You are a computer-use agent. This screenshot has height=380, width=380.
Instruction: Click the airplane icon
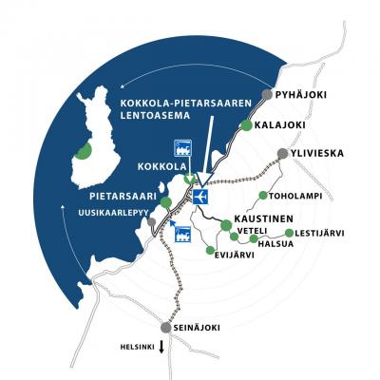coord(199,197)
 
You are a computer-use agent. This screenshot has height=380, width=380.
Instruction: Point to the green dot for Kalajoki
coord(247,125)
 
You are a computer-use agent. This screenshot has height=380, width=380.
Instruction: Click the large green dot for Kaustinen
coord(225,225)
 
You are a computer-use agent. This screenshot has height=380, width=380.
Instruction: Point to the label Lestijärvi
coord(318,232)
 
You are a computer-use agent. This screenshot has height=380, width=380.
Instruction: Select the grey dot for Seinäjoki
coord(166,328)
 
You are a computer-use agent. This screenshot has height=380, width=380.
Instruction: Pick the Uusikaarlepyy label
coord(118,214)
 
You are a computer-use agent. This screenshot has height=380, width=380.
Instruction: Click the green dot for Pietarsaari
coord(167,202)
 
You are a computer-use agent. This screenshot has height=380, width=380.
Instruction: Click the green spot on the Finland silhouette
coord(85,150)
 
